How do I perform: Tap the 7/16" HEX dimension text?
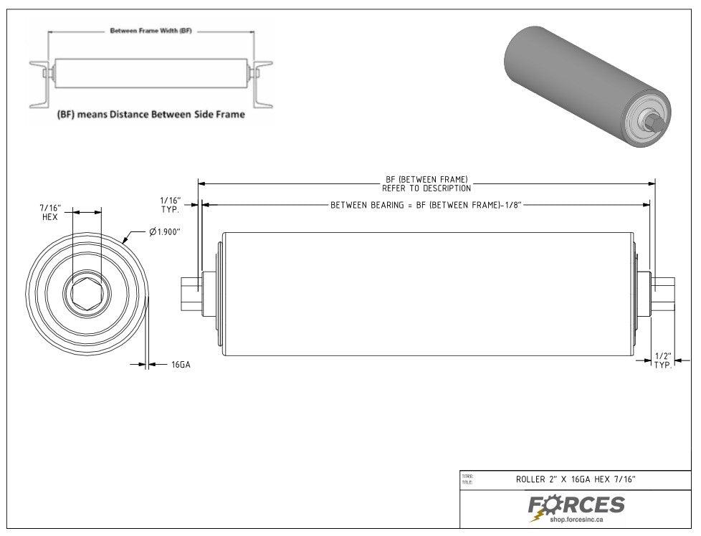(x=50, y=212)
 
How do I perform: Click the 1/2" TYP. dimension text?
(x=663, y=360)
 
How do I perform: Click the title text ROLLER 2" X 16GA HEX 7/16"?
(x=576, y=479)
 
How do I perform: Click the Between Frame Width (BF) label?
(x=151, y=31)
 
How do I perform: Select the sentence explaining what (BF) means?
(x=151, y=115)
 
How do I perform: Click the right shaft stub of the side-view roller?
(x=664, y=293)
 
